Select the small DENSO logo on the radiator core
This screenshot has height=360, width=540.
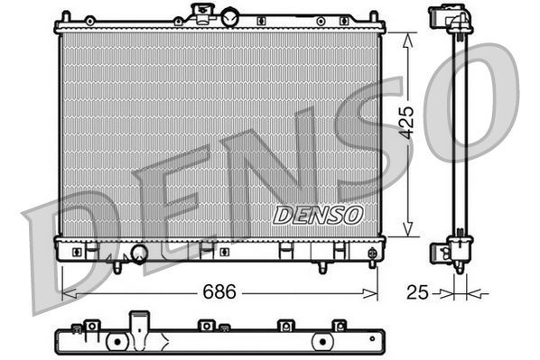317,215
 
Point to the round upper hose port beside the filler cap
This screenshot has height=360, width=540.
230,17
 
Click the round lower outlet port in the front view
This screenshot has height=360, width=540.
139,254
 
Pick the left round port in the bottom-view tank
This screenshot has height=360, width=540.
117,343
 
